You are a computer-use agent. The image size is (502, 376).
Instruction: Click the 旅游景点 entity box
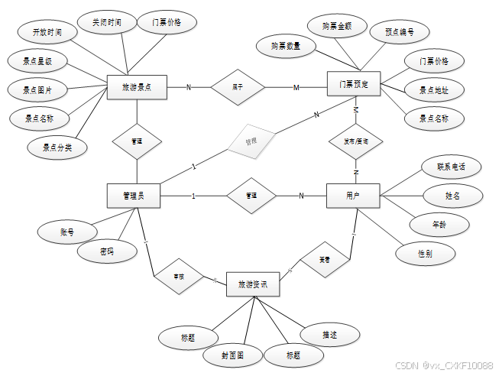[137, 86]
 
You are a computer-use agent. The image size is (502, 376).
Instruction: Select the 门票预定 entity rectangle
[354, 84]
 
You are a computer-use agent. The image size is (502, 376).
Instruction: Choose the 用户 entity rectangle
[353, 196]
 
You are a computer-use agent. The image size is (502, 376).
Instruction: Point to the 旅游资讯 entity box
[253, 284]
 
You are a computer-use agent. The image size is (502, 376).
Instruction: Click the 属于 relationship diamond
[237, 87]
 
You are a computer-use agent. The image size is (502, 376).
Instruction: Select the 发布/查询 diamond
[355, 141]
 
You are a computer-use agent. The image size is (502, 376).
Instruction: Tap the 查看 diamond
[325, 260]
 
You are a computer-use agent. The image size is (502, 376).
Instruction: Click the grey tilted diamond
[251, 141]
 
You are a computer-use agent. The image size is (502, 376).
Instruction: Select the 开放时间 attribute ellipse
[47, 33]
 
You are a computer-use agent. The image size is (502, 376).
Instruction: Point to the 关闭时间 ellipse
[105, 23]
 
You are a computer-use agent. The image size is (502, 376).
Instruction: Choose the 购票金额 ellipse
[337, 26]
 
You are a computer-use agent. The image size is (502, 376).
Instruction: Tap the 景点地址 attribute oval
[434, 90]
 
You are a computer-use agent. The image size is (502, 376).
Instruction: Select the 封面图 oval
[232, 355]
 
